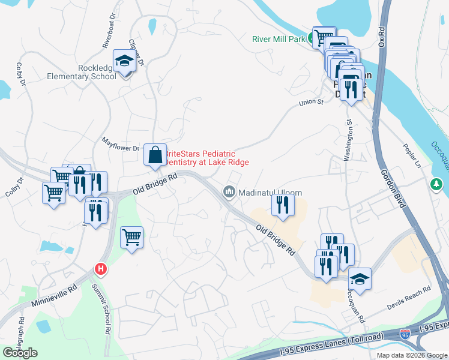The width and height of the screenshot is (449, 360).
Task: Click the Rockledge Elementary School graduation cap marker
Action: click(x=125, y=62)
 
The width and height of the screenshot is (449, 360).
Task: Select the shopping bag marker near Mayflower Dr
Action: click(x=155, y=155)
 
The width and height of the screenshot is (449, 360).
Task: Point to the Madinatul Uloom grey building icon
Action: click(x=229, y=192)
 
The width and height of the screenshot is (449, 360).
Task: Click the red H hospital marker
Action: click(x=101, y=269)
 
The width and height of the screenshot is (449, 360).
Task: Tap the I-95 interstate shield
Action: click(x=406, y=334)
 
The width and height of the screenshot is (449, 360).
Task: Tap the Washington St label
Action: click(x=348, y=139)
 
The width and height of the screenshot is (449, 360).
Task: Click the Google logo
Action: click(x=20, y=353)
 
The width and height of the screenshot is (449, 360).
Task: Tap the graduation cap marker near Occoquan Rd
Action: click(x=360, y=280)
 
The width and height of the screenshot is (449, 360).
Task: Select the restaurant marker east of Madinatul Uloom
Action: click(x=281, y=205)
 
